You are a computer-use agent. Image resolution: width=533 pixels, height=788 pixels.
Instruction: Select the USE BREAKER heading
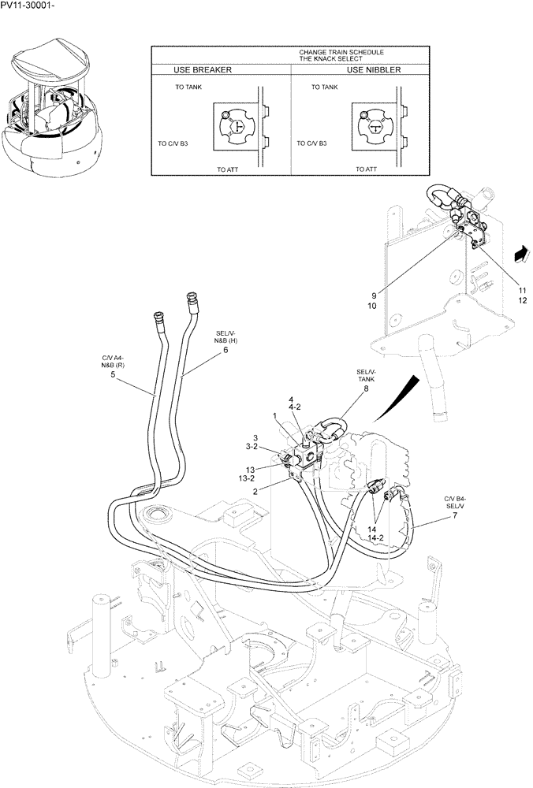(x=196, y=69)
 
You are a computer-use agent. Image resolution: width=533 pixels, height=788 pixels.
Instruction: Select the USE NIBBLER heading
(x=373, y=69)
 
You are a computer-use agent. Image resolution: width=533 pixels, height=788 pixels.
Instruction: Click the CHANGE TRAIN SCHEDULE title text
(x=341, y=52)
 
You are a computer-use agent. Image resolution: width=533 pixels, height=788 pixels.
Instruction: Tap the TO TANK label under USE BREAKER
(x=188, y=87)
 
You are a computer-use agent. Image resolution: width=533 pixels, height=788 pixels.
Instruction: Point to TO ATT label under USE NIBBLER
(x=365, y=169)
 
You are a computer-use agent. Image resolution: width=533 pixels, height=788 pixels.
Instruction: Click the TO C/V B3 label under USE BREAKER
(x=173, y=144)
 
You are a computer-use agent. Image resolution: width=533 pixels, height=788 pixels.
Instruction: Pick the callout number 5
(x=113, y=375)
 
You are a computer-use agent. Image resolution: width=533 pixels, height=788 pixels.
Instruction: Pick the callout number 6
(x=225, y=350)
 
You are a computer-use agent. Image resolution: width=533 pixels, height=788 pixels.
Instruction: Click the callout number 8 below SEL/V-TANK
(x=365, y=388)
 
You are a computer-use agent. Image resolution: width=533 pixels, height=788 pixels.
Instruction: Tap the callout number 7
(x=455, y=515)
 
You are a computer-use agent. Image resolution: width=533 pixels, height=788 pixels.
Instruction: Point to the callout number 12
(x=499, y=301)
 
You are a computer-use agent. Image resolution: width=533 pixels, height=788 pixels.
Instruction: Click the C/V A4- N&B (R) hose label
(x=113, y=361)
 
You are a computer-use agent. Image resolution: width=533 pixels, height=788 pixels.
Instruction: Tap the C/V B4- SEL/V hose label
(x=455, y=502)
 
